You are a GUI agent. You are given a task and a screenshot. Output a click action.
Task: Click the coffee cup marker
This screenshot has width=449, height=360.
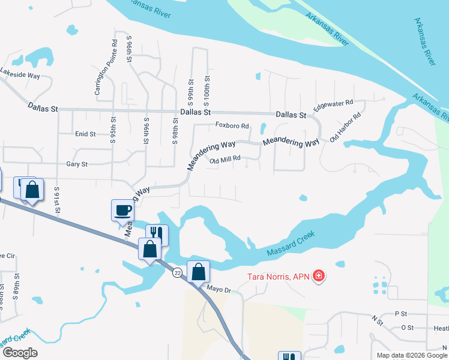122,211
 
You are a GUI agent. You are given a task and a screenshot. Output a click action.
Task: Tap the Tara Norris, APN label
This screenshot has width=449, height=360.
279,277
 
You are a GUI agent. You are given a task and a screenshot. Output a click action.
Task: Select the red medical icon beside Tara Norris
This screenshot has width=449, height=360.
319,277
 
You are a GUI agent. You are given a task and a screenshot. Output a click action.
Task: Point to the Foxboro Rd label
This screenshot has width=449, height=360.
232,126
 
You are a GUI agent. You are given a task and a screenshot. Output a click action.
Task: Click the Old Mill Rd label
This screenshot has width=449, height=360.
225,160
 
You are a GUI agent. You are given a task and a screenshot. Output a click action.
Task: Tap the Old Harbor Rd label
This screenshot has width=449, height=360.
345,127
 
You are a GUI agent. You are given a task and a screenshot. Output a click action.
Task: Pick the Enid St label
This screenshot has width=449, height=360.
85,134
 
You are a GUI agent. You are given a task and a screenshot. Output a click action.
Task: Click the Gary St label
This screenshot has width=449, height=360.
77,164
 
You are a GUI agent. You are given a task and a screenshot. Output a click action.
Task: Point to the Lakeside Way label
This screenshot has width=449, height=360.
20,76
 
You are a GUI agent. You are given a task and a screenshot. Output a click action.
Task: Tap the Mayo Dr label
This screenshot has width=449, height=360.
218,289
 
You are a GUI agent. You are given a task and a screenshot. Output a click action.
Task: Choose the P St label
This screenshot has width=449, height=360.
401,314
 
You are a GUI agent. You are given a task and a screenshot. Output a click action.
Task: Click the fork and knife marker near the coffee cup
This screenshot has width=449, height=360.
157,234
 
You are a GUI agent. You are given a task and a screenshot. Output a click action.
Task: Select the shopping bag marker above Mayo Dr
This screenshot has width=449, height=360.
198,271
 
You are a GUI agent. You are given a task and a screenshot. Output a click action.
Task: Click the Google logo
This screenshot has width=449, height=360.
20,353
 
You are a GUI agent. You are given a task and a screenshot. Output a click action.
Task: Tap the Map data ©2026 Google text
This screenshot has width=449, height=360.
411,355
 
